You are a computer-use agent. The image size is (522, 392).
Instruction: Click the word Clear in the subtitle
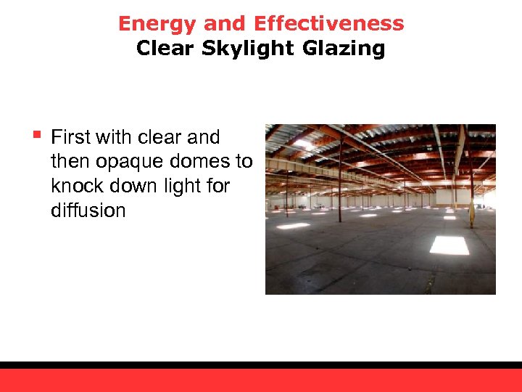(x=165, y=49)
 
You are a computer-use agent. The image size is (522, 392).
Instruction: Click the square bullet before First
(x=36, y=135)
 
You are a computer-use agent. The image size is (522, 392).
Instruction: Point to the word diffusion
(x=88, y=211)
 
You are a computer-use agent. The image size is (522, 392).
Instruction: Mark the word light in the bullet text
(x=183, y=186)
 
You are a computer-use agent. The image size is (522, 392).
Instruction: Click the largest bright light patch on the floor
(x=449, y=245)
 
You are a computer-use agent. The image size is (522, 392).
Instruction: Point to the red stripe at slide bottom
(x=261, y=380)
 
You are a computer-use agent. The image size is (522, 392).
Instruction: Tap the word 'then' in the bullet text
(x=70, y=161)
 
